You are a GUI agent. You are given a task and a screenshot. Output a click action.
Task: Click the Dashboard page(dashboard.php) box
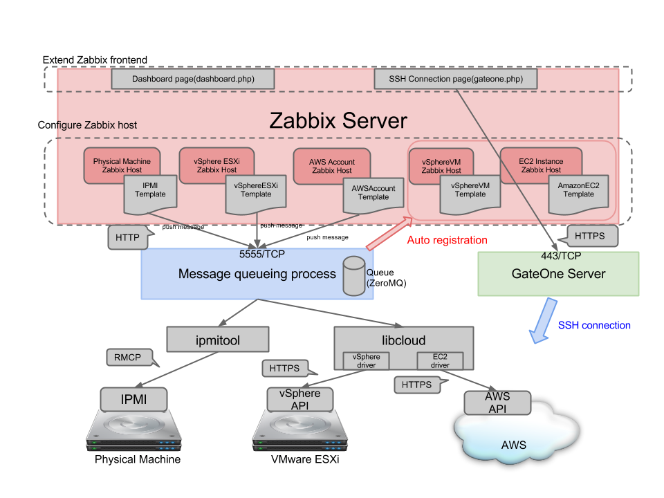click(x=193, y=80)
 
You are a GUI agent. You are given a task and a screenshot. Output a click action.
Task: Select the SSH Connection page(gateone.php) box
click(x=456, y=80)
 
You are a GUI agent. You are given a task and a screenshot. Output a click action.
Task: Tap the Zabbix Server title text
click(x=338, y=120)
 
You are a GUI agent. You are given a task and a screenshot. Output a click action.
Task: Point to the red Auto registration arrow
click(x=389, y=233)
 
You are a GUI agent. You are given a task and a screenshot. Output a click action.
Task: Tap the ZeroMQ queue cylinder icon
click(x=353, y=276)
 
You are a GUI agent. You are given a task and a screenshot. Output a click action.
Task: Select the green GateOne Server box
click(x=558, y=274)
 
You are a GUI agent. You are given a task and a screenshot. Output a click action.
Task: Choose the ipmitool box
click(x=218, y=340)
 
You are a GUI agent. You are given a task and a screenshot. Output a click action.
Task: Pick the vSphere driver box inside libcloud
click(x=367, y=360)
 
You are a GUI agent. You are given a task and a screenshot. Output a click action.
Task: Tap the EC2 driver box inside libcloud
click(x=440, y=360)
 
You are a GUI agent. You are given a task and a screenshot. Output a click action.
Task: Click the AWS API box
click(x=497, y=402)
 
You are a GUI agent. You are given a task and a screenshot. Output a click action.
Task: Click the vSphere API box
click(x=299, y=398)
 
